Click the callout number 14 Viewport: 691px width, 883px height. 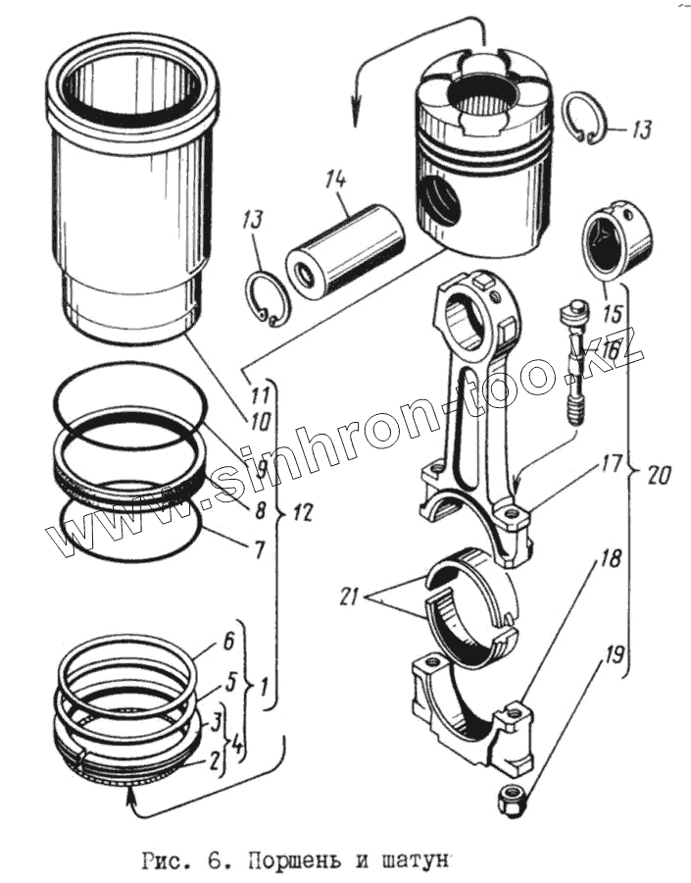pos(336,180)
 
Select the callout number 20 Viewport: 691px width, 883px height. pos(661,476)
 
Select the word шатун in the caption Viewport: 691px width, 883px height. pos(411,862)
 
